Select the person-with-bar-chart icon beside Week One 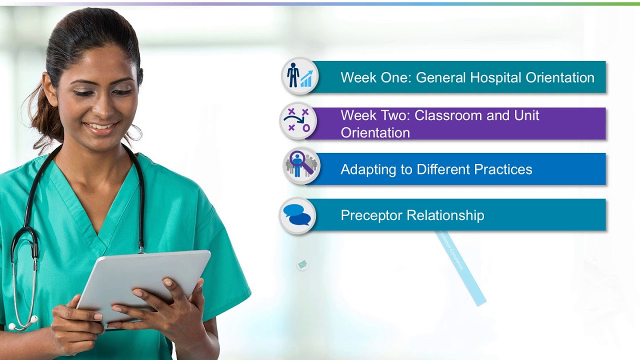pyautogui.click(x=299, y=76)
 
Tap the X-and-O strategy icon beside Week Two pyautogui.click(x=298, y=121)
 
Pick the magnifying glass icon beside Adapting pyautogui.click(x=300, y=164)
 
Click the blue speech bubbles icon pyautogui.click(x=297, y=215)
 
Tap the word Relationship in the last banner pyautogui.click(x=445, y=215)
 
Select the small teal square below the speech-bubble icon pyautogui.click(x=301, y=264)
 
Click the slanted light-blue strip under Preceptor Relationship pyautogui.click(x=460, y=267)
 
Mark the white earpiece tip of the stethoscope pyautogui.click(x=34, y=318)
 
